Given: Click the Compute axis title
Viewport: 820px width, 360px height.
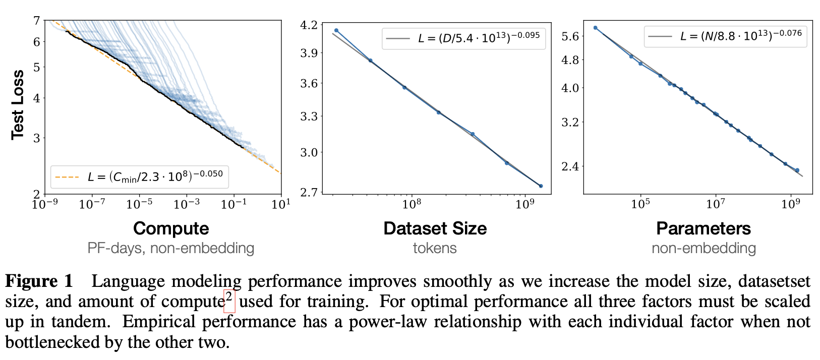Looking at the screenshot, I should click(171, 228).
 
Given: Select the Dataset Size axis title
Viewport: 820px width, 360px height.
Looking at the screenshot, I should click(435, 228).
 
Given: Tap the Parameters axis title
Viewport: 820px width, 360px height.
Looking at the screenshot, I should click(704, 228).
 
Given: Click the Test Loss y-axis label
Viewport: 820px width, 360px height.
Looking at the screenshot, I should click(18, 104).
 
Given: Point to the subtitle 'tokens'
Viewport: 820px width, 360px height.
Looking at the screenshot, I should click(435, 248).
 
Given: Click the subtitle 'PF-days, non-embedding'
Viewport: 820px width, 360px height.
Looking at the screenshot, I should click(171, 248).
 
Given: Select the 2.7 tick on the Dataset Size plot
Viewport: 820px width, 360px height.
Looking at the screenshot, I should click(309, 192).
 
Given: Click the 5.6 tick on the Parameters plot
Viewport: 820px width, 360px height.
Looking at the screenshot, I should click(570, 36).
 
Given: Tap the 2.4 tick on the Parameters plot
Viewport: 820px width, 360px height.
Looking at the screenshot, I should click(570, 166).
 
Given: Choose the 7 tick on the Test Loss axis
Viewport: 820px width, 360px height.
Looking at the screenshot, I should click(36, 21).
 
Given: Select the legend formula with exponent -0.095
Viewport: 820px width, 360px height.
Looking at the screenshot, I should click(479, 38).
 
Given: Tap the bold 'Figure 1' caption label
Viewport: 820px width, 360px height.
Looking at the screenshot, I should click(39, 281).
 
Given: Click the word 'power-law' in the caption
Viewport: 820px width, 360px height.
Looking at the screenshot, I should click(385, 322).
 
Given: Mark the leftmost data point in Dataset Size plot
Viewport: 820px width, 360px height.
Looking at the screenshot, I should click(336, 31).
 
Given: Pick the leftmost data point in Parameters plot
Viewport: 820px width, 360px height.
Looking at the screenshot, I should click(596, 28).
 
